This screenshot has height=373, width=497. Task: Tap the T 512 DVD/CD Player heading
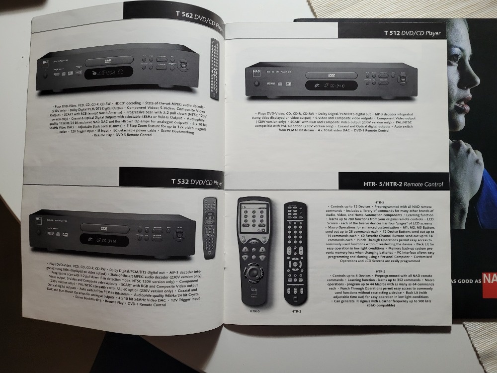pos(412,33)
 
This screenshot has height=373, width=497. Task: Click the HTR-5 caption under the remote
pos(254,312)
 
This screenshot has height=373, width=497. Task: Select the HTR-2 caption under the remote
pos(296,312)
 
